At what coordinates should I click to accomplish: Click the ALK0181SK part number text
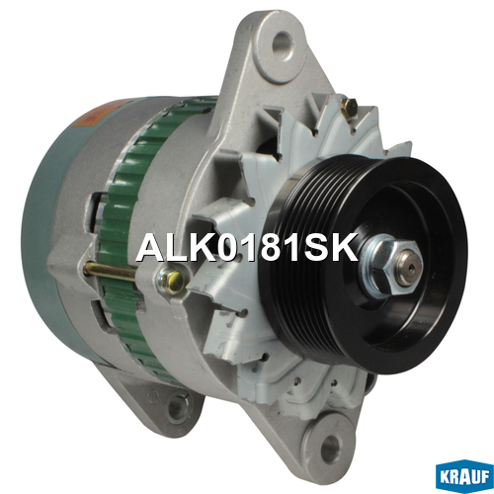[x=247, y=247]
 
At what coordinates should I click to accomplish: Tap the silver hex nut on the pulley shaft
[x=387, y=266]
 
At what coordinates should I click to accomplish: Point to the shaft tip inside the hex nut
[x=409, y=268]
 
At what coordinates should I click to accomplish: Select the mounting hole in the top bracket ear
[x=284, y=45]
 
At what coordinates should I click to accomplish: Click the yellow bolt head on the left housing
[x=171, y=281]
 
